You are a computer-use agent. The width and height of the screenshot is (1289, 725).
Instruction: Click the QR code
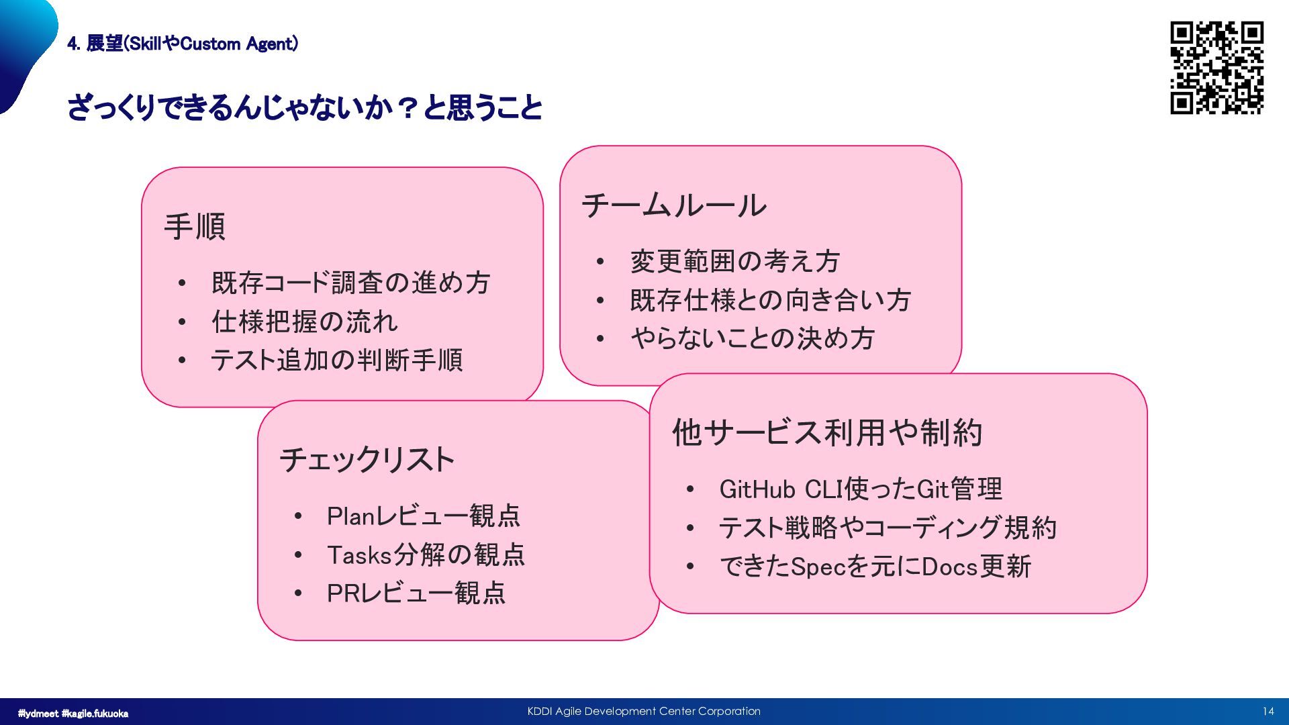[1216, 68]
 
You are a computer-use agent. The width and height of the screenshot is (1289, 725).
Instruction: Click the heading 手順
[195, 226]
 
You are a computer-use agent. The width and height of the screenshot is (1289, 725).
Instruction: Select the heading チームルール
[673, 205]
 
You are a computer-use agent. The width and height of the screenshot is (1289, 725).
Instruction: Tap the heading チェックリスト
[367, 460]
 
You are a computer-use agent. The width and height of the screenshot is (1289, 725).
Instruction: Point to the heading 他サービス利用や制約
[827, 432]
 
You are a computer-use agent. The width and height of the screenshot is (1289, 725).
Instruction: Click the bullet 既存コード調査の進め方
[351, 283]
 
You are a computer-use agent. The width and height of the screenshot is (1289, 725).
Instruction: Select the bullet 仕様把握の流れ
[305, 322]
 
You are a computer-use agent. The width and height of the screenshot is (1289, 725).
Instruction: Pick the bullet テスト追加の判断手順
[337, 360]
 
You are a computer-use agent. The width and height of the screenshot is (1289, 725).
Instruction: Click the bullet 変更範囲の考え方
[735, 261]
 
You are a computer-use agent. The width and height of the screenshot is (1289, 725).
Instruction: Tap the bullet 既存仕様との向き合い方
[771, 300]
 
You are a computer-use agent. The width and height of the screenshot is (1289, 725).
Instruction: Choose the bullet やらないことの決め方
[753, 338]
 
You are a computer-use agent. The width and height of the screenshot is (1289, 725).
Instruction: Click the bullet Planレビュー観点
[424, 516]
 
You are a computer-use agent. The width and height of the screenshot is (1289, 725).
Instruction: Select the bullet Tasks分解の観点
[426, 555]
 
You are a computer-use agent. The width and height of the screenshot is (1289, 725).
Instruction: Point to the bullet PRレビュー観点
[416, 593]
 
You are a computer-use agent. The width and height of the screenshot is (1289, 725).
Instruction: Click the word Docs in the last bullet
[950, 567]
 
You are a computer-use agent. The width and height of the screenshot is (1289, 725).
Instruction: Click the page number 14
[1268, 712]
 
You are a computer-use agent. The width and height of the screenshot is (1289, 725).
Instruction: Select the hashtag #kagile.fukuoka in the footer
[95, 714]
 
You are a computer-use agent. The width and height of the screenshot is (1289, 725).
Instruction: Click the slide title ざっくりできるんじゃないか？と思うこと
[305, 107]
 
